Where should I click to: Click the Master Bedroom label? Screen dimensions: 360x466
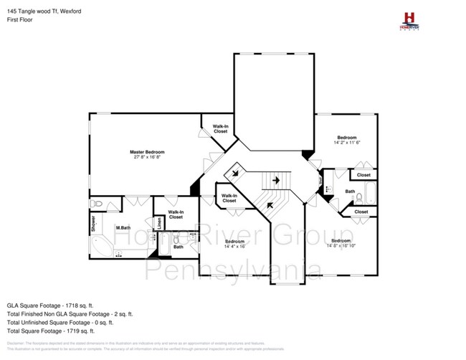(x=147, y=152)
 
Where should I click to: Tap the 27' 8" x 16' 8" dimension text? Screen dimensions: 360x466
(x=147, y=158)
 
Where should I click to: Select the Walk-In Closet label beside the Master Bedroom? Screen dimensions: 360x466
(x=220, y=129)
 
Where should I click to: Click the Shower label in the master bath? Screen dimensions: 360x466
(x=93, y=224)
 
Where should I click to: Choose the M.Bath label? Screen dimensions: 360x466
(x=123, y=228)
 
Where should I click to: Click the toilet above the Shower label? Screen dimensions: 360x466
(x=100, y=205)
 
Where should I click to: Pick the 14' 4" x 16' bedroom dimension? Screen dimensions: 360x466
(x=234, y=247)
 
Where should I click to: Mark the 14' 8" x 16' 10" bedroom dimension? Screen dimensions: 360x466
(x=341, y=246)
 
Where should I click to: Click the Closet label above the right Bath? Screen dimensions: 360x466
(x=363, y=175)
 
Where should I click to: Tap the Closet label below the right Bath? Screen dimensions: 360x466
(x=361, y=212)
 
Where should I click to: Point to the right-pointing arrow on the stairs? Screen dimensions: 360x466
(x=274, y=181)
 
